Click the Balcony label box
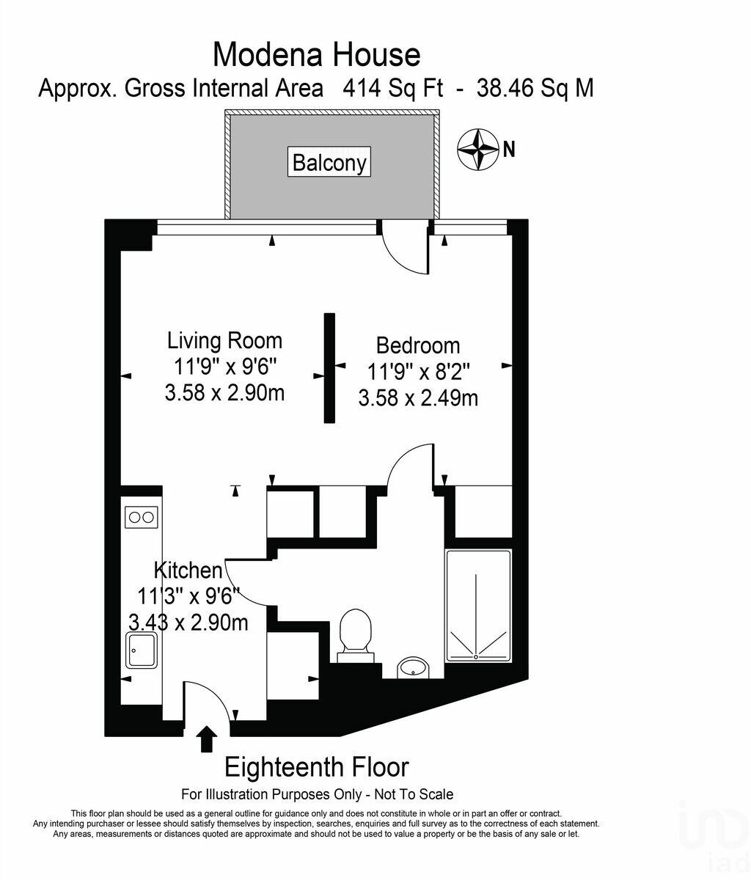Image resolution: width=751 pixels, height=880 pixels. (329, 162)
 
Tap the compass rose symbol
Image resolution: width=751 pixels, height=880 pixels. (477, 149)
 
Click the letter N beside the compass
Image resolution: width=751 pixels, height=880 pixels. (509, 150)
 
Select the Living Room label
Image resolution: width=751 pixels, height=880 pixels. (224, 340)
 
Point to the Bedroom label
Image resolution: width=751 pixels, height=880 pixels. (418, 345)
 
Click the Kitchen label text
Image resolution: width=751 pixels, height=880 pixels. (188, 570)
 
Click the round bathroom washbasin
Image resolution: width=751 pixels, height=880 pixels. (413, 667)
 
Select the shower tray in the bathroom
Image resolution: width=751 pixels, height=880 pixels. (478, 606)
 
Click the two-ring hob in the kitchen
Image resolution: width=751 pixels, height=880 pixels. (142, 517)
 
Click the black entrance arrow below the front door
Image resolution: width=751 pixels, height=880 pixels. (207, 739)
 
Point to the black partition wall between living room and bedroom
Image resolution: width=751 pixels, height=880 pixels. (329, 368)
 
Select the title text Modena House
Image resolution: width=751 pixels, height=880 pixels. (316, 54)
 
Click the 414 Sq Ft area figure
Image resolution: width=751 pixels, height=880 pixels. (392, 89)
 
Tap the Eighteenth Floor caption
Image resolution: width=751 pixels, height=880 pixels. (316, 766)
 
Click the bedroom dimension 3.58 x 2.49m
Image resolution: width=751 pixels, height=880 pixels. (418, 398)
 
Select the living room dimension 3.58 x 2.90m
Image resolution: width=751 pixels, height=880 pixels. (224, 392)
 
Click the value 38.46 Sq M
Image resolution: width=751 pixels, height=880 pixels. (535, 89)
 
